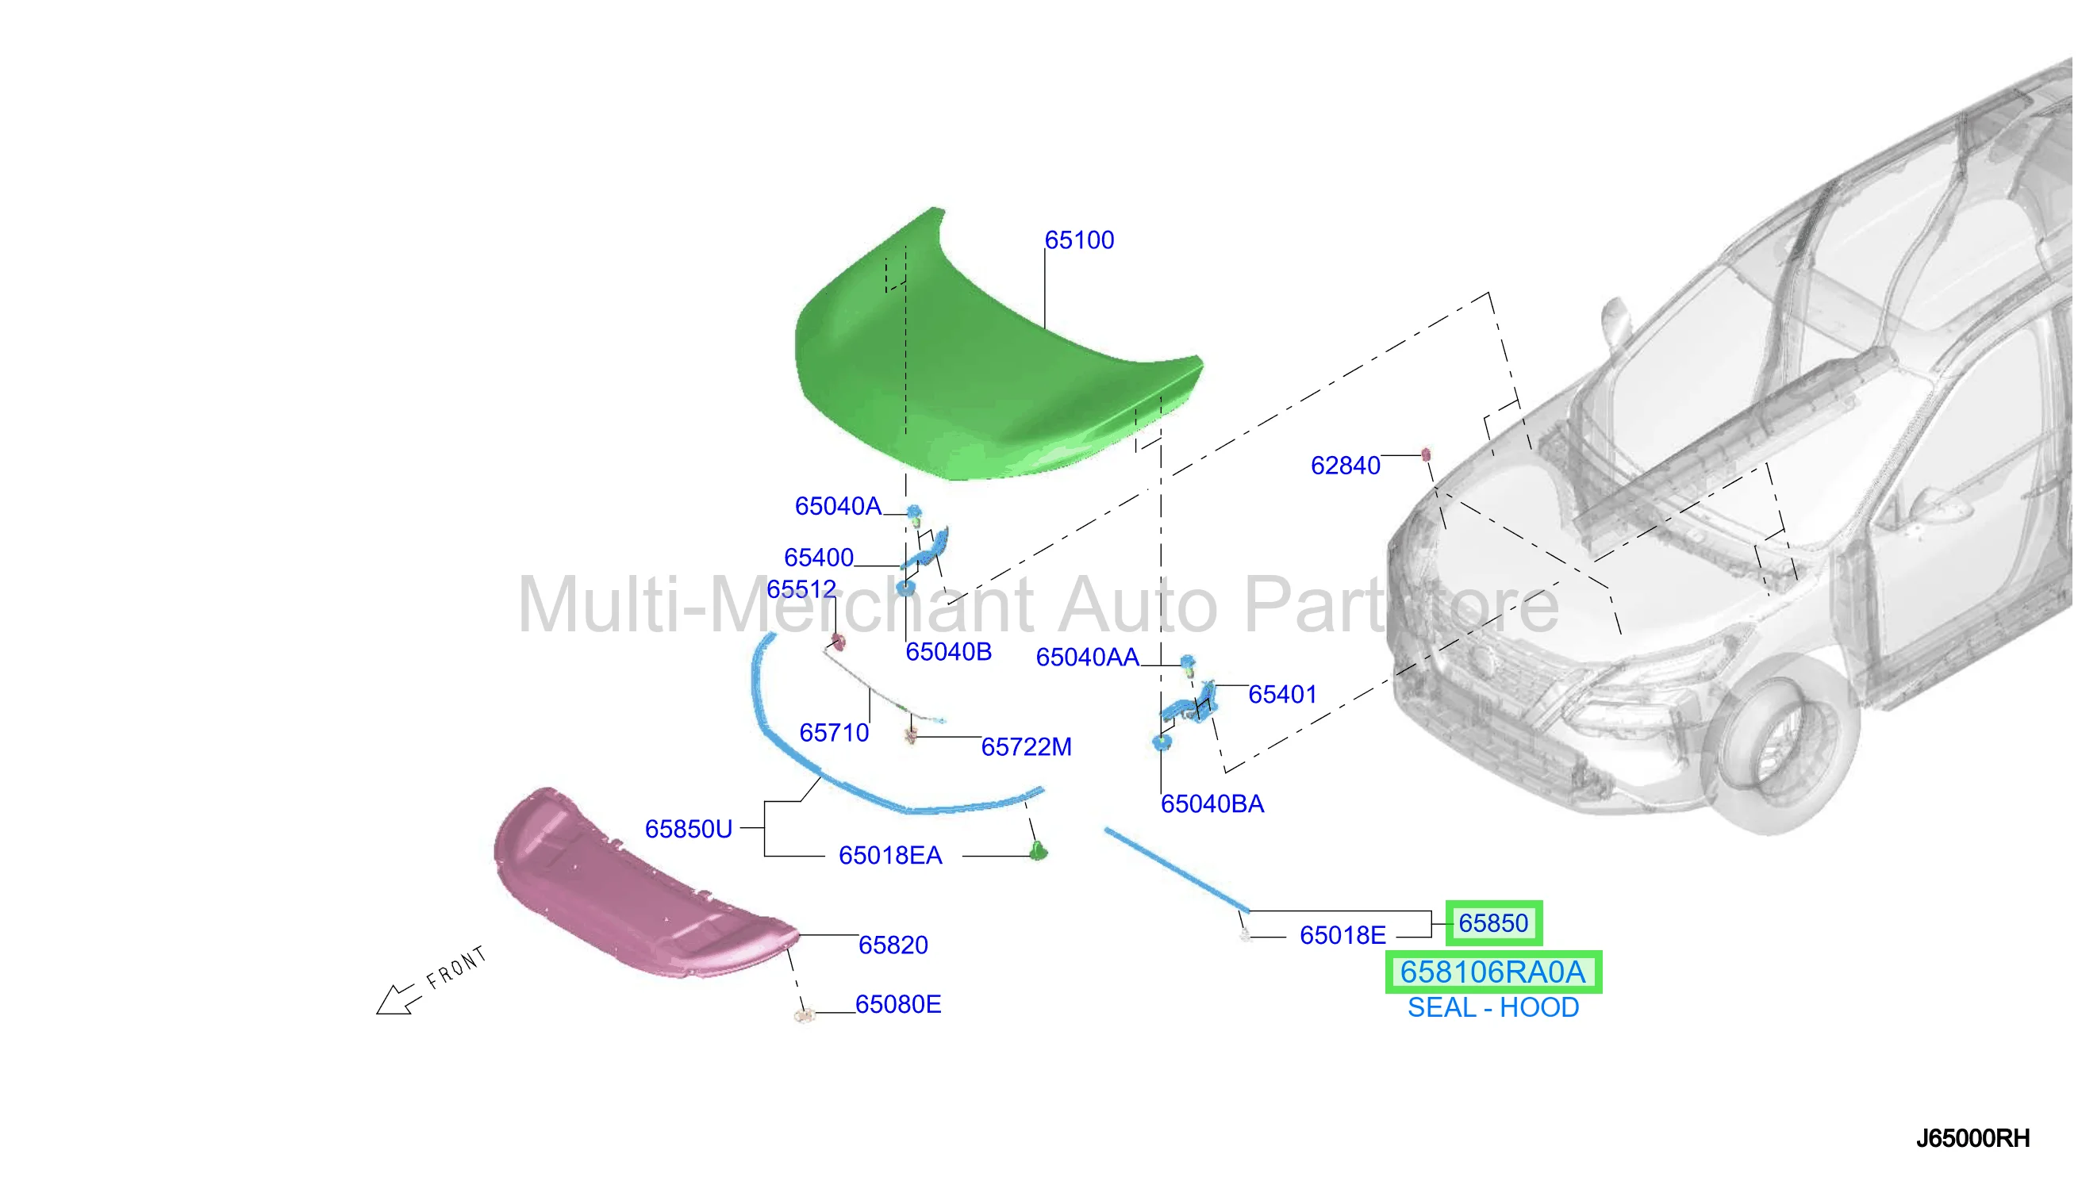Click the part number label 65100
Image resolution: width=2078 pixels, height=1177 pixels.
point(1078,240)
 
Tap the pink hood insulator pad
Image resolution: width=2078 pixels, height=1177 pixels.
point(639,885)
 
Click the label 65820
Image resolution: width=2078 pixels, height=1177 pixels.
point(893,944)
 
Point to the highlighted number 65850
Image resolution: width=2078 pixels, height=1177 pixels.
point(1492,922)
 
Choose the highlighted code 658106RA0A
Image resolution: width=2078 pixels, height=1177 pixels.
point(1492,972)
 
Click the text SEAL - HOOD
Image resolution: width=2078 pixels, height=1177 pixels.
point(1492,1007)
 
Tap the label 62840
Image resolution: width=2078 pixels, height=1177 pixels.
point(1345,466)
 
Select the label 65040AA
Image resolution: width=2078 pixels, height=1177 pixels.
point(1087,658)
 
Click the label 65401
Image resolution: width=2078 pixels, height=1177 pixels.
point(1282,695)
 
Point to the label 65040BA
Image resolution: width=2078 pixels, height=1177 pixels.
point(1212,803)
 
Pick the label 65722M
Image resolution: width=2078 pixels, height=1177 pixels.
point(1026,747)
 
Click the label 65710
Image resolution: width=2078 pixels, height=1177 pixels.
point(834,732)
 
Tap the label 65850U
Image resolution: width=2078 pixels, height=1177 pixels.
point(688,829)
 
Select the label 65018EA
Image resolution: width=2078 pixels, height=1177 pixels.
point(890,855)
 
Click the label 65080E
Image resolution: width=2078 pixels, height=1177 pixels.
point(897,1004)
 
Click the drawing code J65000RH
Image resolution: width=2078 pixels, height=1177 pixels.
point(1972,1138)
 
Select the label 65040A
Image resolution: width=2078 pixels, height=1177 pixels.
point(838,506)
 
